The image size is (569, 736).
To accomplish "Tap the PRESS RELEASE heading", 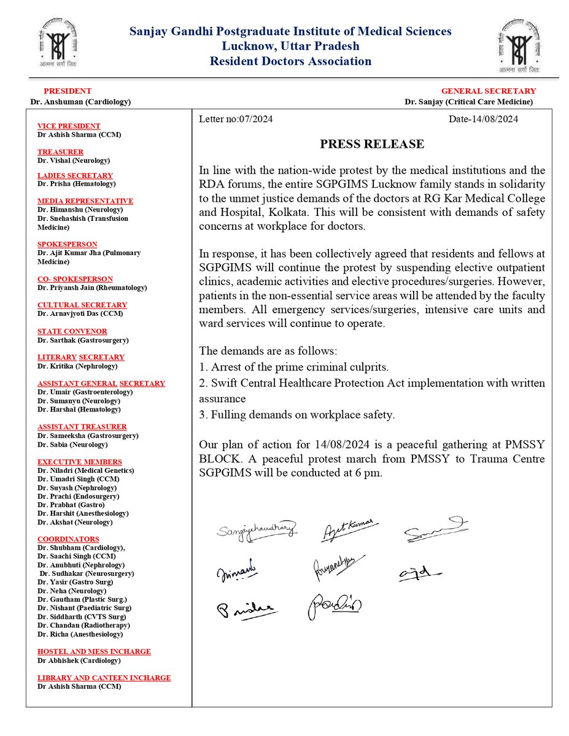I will [x=372, y=144].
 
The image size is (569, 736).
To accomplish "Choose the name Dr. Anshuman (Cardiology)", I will [x=80, y=102].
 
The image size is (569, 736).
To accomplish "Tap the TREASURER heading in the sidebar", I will [x=60, y=151].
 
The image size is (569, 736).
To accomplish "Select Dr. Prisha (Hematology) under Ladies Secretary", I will [x=76, y=183].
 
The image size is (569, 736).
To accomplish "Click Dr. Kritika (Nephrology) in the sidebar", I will [x=77, y=366].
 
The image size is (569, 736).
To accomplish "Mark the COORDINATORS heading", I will [x=68, y=539].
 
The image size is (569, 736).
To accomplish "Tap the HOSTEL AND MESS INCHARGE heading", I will [x=94, y=651].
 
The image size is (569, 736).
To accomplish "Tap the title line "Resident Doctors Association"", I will [x=290, y=61].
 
